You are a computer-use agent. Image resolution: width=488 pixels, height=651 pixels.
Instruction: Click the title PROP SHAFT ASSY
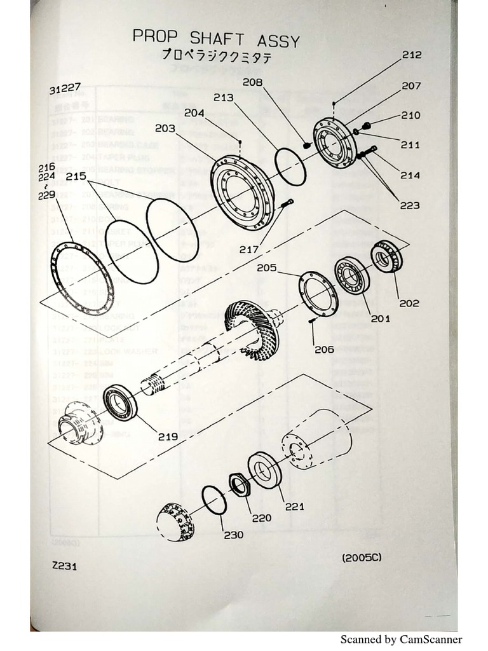pos(215,38)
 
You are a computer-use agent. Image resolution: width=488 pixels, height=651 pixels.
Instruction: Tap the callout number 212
pos(411,55)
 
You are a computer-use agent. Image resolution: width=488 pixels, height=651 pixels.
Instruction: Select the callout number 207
pos(411,85)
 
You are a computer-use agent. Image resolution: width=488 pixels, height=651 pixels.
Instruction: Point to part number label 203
pos(165,128)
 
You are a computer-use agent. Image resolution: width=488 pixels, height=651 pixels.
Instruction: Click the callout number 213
pos(223,98)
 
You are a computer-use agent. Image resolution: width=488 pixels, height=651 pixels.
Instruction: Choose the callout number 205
pos(267,268)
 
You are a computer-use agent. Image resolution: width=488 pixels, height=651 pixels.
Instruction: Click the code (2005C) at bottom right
pos(363,558)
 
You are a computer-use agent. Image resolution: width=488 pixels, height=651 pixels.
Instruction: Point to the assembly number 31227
pos(65,90)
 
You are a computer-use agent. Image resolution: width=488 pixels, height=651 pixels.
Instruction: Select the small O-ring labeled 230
pos(214,499)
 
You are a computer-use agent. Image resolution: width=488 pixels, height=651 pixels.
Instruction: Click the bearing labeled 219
pos(121,402)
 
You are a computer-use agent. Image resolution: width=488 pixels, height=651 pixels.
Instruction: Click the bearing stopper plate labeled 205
pos(317,293)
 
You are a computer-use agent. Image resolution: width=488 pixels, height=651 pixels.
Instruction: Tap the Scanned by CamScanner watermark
pos(401,640)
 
